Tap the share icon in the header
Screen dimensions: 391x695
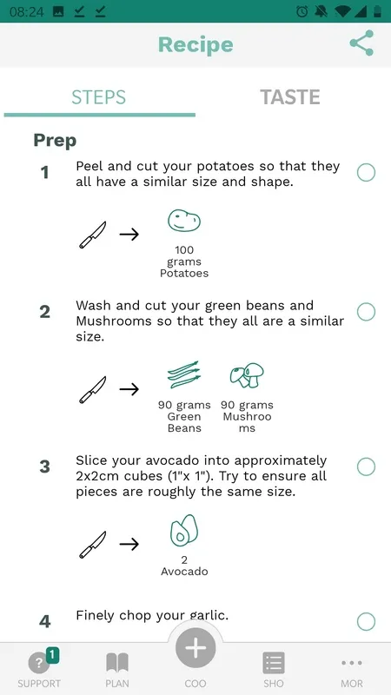coord(361,43)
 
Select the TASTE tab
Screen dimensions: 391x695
coord(290,97)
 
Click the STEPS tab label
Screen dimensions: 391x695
coord(99,97)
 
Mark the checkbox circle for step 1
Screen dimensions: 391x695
coord(366,172)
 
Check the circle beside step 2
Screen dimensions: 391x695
coord(366,312)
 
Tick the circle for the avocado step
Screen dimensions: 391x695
coord(366,467)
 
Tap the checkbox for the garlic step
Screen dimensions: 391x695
coord(366,621)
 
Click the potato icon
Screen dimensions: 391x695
coord(184,221)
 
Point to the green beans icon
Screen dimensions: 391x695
coord(184,374)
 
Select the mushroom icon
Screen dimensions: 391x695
coord(247,375)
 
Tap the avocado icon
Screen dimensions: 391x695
coord(184,531)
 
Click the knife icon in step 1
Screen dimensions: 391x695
coord(93,235)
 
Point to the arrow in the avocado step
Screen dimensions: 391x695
coord(129,544)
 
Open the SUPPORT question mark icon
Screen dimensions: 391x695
coord(39,663)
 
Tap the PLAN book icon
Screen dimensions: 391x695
coord(117,663)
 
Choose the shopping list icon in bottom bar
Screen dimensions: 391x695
coord(274,663)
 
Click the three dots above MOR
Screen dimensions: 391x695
coord(352,663)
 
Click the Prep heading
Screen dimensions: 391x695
coord(55,141)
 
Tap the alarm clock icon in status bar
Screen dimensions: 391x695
coord(302,11)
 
